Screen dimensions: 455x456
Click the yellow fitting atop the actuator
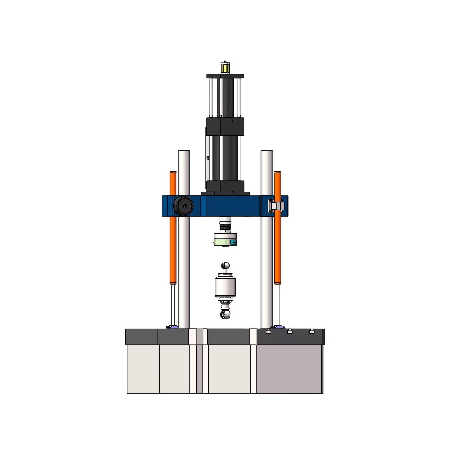(224, 67)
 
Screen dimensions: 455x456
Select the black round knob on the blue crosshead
(183, 206)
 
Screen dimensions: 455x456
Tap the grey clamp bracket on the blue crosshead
(275, 206)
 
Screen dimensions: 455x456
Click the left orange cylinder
(173, 229)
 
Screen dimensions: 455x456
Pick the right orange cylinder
(278, 229)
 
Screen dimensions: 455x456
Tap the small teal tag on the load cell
(233, 242)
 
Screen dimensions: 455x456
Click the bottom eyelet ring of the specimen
(224, 315)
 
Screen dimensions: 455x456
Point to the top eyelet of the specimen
(224, 266)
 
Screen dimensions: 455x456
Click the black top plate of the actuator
(225, 76)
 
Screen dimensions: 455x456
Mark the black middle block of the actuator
(225, 126)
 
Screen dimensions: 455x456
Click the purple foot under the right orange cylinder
(278, 327)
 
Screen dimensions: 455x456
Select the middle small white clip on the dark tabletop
(290, 332)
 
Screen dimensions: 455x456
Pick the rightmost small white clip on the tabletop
(312, 332)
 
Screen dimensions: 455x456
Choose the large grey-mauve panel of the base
(289, 369)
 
